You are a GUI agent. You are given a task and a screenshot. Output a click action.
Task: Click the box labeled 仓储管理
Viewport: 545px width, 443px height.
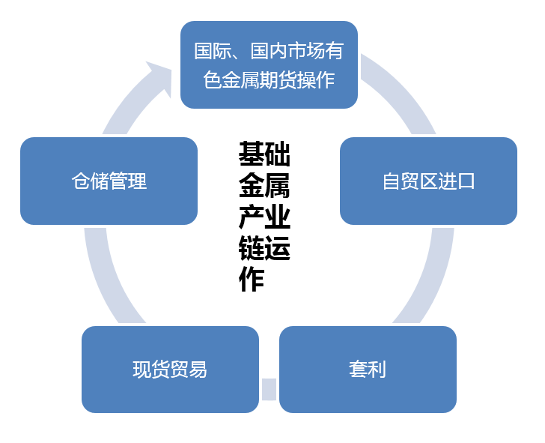(x=109, y=181)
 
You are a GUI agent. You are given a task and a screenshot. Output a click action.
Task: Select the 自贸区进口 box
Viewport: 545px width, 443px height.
(x=428, y=181)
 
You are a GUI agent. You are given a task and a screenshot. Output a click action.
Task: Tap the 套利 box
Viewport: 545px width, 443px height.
(x=368, y=369)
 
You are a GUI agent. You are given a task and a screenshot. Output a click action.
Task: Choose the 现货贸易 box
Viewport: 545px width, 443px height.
(x=170, y=369)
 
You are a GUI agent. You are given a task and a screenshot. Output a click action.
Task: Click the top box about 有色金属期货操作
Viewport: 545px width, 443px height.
(x=269, y=64)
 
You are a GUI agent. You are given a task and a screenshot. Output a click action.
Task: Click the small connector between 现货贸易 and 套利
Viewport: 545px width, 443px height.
(x=269, y=389)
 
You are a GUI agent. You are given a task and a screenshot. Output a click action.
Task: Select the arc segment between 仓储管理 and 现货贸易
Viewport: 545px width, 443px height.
(x=104, y=274)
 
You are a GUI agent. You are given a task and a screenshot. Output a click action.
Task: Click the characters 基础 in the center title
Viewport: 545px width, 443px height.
(x=264, y=154)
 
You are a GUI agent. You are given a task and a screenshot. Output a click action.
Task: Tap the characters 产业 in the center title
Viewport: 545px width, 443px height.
(x=264, y=217)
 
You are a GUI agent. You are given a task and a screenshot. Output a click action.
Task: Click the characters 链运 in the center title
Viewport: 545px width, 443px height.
(x=264, y=248)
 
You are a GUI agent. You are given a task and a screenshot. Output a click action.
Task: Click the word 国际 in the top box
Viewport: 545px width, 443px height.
(x=212, y=52)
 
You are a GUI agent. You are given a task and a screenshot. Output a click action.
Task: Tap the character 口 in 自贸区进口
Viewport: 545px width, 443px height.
(x=466, y=181)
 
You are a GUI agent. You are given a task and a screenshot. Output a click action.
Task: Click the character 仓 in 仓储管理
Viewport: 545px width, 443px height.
(x=81, y=181)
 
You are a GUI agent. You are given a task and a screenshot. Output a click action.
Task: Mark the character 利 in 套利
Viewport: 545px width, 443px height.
(x=377, y=370)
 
